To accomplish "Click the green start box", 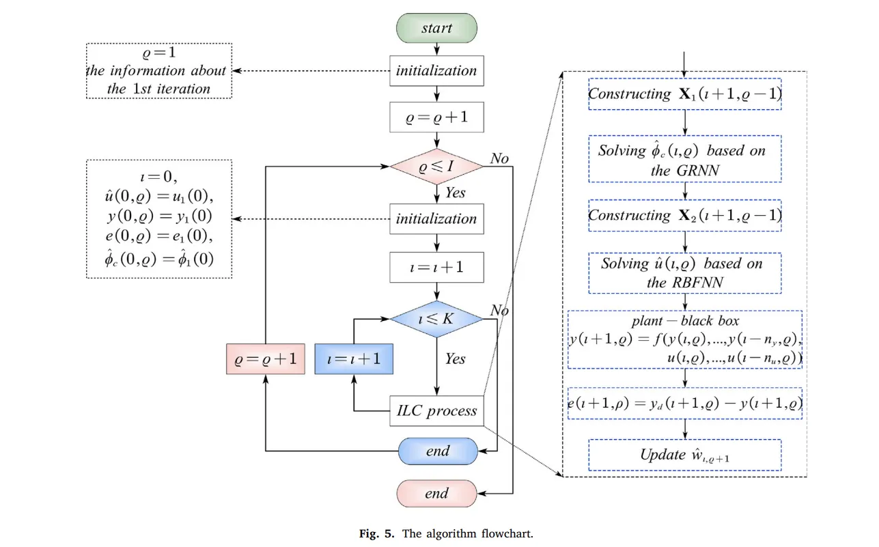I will [436, 28].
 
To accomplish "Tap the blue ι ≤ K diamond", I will [436, 318].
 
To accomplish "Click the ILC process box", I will [436, 411].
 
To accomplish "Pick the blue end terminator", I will [436, 451].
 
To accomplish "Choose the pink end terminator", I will [436, 493].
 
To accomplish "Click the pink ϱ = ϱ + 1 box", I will [265, 359].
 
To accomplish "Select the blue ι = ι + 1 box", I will [354, 359].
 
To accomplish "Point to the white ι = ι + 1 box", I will [436, 267].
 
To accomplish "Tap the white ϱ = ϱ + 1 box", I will [436, 117].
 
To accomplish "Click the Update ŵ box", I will [684, 455].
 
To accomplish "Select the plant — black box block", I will [684, 339].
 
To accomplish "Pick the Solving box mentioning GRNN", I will [684, 160].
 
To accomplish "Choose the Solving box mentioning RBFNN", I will [684, 272].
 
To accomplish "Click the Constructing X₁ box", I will [684, 94].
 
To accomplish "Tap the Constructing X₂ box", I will [684, 216].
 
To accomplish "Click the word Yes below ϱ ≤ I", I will [456, 193].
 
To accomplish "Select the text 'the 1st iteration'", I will [158, 89].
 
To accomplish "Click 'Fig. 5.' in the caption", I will [376, 534].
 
